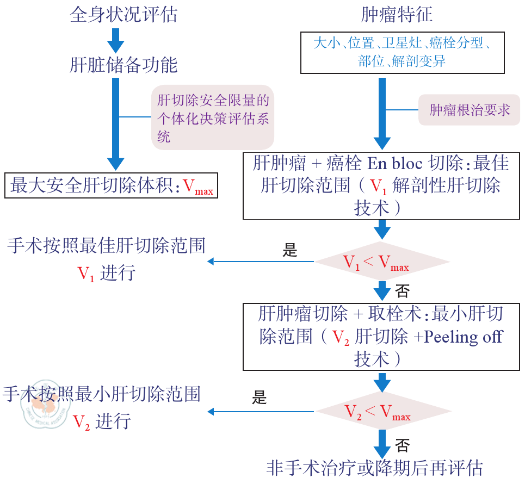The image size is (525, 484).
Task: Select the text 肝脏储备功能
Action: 123,65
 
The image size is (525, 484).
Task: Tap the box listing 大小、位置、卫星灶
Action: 403,52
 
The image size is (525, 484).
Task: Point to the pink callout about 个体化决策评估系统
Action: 213,117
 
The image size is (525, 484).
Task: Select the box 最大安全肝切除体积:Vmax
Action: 112,187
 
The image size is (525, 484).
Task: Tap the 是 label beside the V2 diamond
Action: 260,398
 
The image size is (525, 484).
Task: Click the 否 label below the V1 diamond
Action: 403,291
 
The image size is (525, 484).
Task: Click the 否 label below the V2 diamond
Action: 403,446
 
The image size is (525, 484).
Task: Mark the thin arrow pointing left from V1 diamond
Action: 261,262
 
